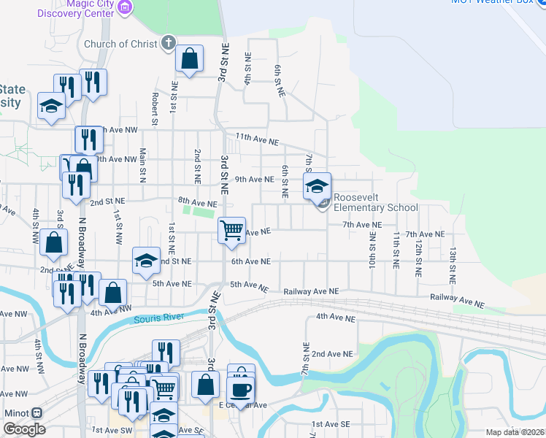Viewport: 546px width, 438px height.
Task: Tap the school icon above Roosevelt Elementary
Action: [317, 187]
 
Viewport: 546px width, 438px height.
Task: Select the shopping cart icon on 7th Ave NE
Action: [231, 231]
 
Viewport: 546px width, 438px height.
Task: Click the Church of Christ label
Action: [120, 44]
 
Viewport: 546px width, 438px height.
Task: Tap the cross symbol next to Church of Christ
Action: [168, 43]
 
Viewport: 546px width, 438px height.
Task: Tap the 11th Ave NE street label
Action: [257, 139]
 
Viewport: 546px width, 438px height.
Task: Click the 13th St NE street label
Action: [453, 264]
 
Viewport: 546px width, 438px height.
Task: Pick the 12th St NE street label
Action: [418, 257]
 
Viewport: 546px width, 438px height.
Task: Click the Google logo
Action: [24, 429]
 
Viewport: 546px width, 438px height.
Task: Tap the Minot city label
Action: [16, 412]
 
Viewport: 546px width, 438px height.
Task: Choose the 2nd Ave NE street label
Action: [333, 353]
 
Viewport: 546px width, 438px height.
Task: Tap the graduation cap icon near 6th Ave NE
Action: [146, 261]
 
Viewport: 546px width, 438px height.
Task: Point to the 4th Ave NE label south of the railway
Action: [336, 318]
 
